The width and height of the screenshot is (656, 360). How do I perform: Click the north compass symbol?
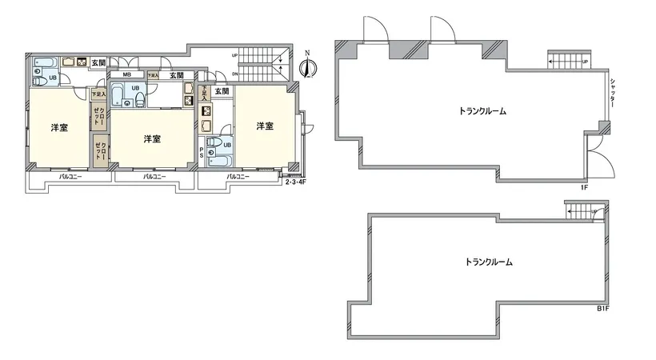(305, 68)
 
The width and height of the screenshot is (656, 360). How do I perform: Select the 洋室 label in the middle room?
(152, 139)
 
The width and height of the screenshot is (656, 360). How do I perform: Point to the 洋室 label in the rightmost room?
(265, 126)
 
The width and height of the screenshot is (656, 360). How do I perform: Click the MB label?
(127, 76)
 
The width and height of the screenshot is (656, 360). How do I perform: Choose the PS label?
(201, 152)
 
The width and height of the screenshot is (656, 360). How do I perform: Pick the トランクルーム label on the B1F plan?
(488, 262)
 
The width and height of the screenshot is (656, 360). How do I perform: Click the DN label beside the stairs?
(234, 74)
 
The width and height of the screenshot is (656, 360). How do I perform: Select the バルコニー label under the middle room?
(154, 176)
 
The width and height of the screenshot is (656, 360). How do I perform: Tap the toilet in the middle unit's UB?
(141, 99)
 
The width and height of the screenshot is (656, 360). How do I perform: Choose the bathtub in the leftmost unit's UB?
(45, 62)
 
